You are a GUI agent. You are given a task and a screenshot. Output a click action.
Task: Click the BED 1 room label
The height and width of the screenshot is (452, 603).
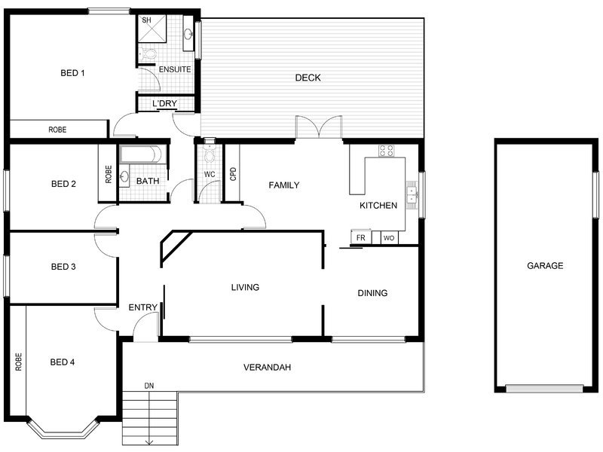pyautogui.click(x=72, y=73)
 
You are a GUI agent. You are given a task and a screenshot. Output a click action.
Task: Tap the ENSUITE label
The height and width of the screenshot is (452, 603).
pyautogui.click(x=175, y=69)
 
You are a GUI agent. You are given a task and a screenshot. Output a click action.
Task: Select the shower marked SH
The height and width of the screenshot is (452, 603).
pyautogui.click(x=152, y=28)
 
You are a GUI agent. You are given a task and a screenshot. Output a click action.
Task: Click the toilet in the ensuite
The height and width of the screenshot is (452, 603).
pyautogui.click(x=147, y=54)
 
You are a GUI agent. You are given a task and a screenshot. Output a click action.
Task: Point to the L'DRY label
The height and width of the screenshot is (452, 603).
pyautogui.click(x=164, y=103)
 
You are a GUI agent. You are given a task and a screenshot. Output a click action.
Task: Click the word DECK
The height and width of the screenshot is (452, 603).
pyautogui.click(x=308, y=78)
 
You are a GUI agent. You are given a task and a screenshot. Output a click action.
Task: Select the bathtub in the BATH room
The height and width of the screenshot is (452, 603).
pyautogui.click(x=142, y=154)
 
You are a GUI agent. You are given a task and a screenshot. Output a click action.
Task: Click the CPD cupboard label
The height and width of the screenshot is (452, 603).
pyautogui.click(x=233, y=174)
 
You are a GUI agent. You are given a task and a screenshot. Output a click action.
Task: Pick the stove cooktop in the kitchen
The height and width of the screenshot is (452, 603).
pyautogui.click(x=386, y=151)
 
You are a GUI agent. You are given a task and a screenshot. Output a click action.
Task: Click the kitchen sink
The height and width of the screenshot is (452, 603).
pyautogui.click(x=412, y=195)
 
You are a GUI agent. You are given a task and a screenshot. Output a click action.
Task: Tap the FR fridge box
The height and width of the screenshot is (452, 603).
pyautogui.click(x=361, y=237)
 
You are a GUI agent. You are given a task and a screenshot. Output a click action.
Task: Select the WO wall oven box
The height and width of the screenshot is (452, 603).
pyautogui.click(x=389, y=238)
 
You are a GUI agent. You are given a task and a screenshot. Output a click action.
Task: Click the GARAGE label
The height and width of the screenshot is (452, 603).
pyautogui.click(x=545, y=266)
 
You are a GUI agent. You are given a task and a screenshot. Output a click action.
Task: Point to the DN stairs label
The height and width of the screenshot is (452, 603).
pyautogui.click(x=149, y=386)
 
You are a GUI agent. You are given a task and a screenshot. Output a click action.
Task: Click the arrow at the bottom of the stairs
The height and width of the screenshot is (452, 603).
pyautogui.click(x=149, y=442)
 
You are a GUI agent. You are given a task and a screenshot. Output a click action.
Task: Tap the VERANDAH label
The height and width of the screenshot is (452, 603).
pyautogui.click(x=267, y=368)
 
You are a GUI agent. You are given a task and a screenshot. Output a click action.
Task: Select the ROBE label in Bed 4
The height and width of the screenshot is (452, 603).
pyautogui.click(x=18, y=362)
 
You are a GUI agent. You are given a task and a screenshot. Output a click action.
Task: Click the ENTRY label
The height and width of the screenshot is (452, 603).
pyautogui.click(x=142, y=307)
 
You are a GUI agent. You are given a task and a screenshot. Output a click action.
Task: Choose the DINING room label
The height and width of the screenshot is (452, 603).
pyautogui.click(x=372, y=293)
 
